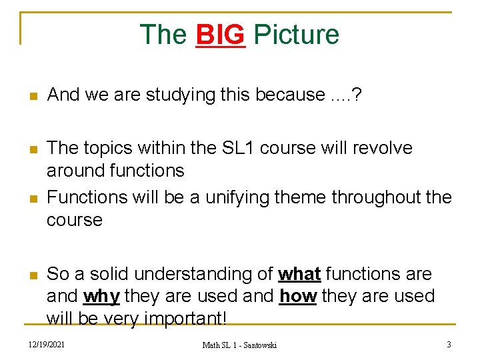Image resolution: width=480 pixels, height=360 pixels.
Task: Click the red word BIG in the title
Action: (221, 35)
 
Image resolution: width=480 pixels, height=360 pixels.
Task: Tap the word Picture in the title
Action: (297, 35)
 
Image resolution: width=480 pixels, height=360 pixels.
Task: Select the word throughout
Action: (380, 197)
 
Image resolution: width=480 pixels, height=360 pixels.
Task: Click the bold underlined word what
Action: (299, 274)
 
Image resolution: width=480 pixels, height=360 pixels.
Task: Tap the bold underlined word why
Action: (102, 296)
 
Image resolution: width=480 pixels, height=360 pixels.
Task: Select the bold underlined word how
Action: (297, 296)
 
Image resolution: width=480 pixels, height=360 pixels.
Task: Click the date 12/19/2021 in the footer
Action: (47, 345)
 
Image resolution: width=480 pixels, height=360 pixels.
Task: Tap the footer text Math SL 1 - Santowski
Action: (239, 345)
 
